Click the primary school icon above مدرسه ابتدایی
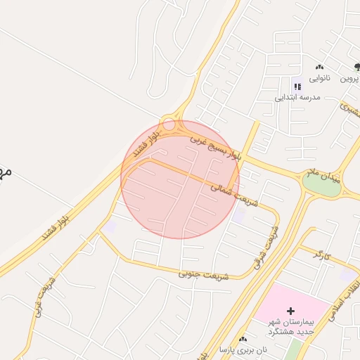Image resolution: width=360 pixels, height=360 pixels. tap(297, 86)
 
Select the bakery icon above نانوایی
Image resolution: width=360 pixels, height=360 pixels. tap(320, 67)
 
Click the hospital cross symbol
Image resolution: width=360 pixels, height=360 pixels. tap(291, 310)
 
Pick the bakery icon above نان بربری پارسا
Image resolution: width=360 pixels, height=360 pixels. tap(243, 339)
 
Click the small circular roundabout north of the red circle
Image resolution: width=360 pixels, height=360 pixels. tap(169, 124)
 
